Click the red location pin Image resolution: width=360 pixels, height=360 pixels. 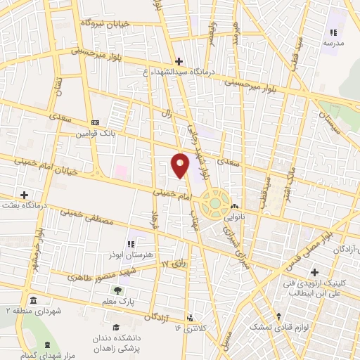click(180, 165)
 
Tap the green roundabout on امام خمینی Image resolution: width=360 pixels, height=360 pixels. click(214, 203)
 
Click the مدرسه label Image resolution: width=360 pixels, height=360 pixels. click(333, 43)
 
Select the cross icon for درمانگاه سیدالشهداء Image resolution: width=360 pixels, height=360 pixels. click(179, 61)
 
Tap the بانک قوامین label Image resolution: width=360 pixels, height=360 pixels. click(95, 132)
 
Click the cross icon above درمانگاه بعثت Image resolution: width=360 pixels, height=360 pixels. click(25, 194)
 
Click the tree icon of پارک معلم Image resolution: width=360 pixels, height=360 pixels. click(117, 290)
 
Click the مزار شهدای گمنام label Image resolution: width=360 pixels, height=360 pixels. click(46, 354)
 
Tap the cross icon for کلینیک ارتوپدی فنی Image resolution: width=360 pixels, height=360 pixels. click(314, 272)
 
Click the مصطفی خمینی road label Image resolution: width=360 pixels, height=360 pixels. click(89, 218)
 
